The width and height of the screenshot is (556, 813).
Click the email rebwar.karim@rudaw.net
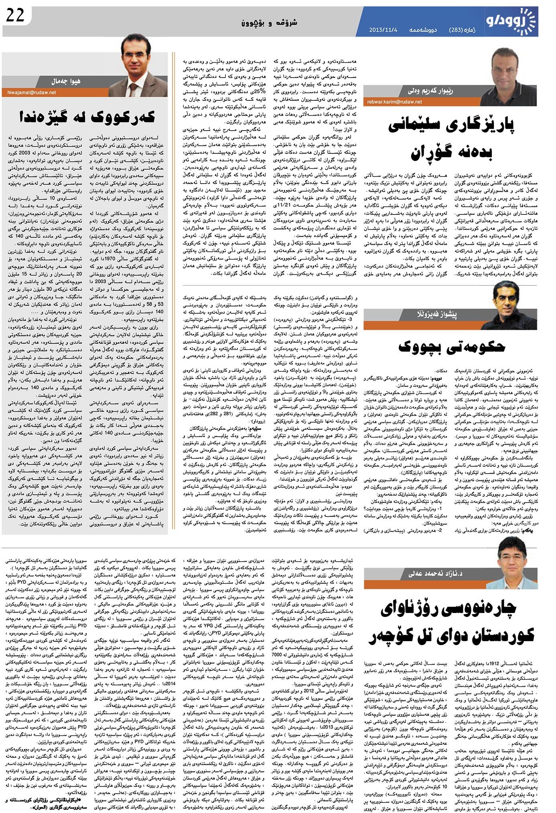[394, 102]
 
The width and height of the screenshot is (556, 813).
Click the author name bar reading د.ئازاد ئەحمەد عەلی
[435, 573]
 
